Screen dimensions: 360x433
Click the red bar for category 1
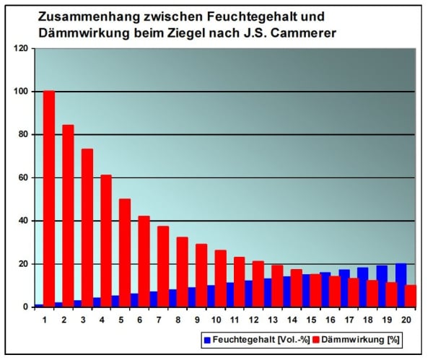point(49,198)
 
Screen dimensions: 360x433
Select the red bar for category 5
point(125,253)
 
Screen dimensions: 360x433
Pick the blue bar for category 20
point(400,285)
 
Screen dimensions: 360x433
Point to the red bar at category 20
point(411,296)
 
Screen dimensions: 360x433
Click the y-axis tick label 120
point(22,48)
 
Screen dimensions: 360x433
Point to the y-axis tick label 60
point(24,177)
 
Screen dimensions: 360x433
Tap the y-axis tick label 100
point(22,92)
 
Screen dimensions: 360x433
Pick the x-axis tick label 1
point(44,319)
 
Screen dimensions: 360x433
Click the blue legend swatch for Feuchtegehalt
point(207,338)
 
